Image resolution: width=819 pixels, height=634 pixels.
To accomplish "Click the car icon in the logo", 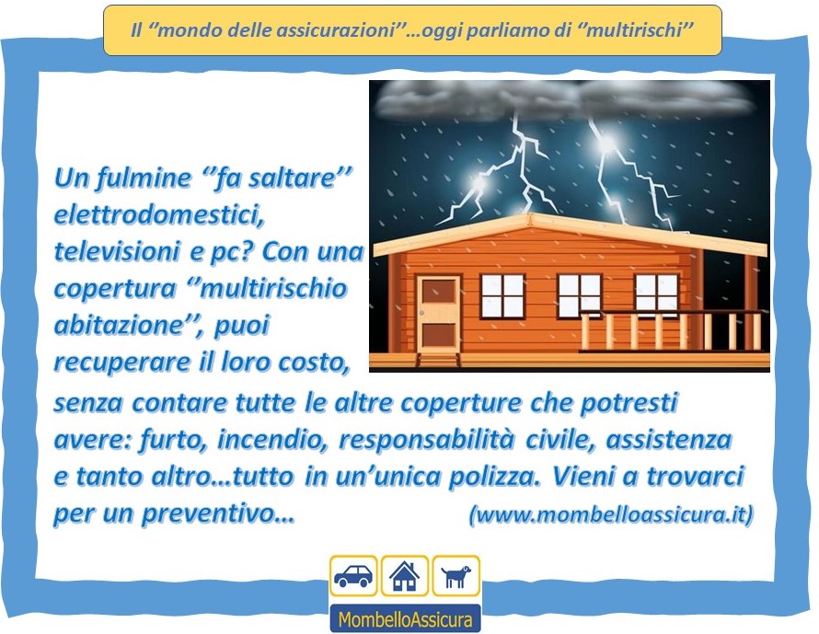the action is [x=353, y=575].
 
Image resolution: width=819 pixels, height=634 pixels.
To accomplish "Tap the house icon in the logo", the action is [x=404, y=575].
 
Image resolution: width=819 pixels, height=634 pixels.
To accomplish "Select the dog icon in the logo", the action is [x=456, y=577].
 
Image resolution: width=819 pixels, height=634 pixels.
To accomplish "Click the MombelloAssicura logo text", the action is [x=405, y=619].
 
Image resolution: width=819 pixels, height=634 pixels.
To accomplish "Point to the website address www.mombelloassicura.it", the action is [x=611, y=514].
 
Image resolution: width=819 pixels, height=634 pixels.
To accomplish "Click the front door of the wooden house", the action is [x=439, y=314].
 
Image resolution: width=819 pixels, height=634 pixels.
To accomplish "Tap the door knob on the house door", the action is [x=421, y=313].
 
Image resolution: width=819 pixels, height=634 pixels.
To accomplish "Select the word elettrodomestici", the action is [x=159, y=214].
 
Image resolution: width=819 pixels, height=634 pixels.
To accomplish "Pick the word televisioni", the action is [x=116, y=252].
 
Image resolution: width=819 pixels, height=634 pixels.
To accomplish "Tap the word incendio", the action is [x=272, y=440].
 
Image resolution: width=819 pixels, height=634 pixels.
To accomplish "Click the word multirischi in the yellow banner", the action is [x=635, y=30].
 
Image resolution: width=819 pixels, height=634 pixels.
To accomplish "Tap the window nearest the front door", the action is [x=502, y=296].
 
